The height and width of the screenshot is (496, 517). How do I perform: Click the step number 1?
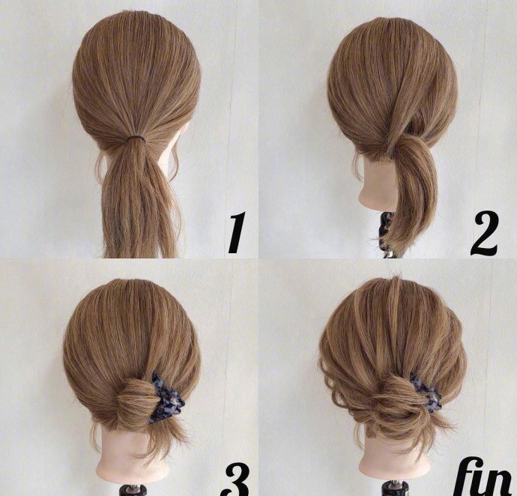pos(237,233)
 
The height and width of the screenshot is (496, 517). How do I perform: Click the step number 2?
pos(484,235)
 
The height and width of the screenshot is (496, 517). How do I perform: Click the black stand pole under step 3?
pos(133,490)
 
